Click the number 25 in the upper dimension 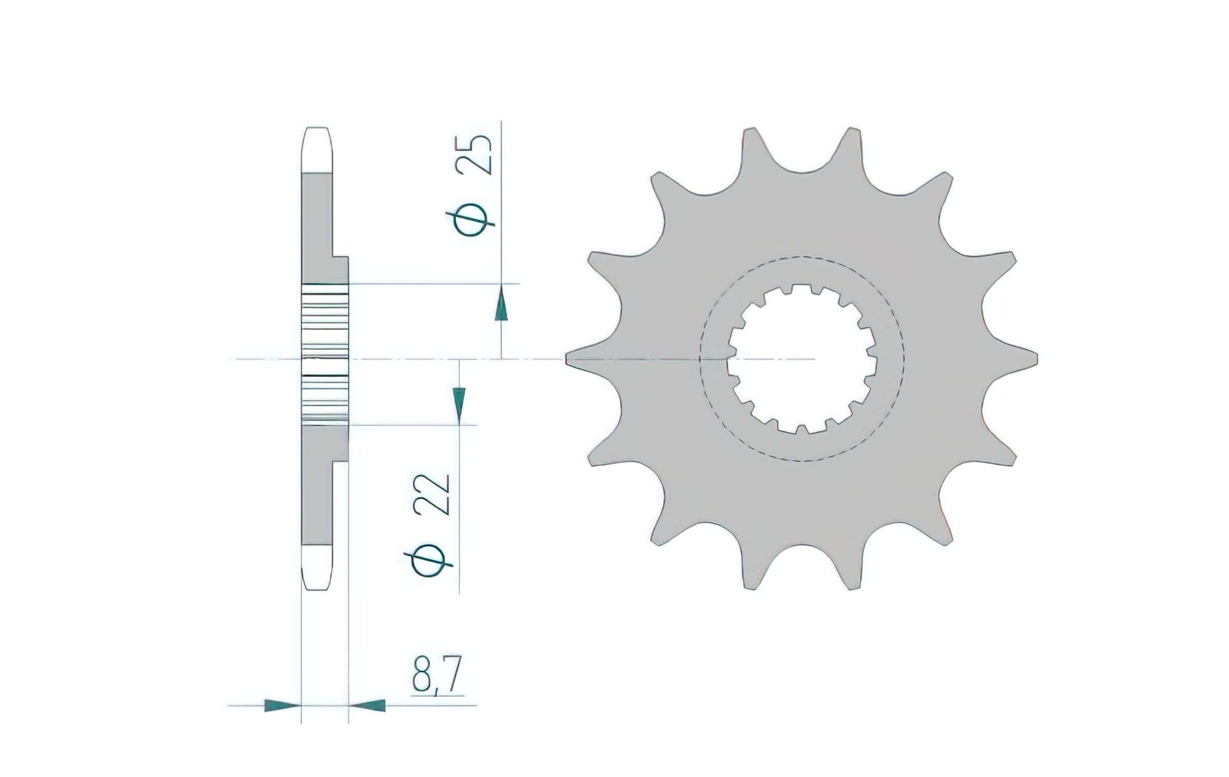pos(473,154)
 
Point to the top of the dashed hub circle pos(802,257)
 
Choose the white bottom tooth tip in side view pos(316,567)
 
